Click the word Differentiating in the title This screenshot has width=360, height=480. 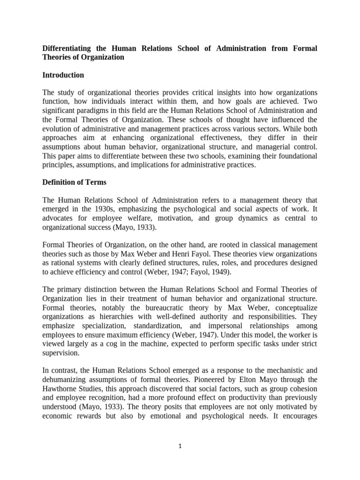67,48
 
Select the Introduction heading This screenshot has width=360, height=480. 63,75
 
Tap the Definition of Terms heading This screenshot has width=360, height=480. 74,182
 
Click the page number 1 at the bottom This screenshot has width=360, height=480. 180,446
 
